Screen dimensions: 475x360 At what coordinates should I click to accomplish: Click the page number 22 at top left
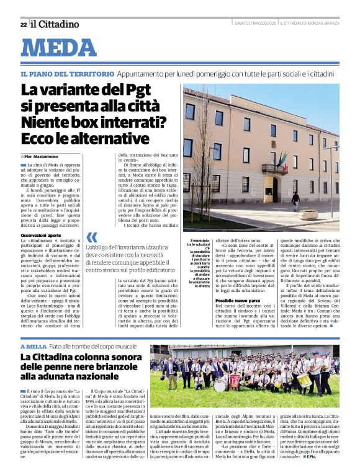[x=23, y=24]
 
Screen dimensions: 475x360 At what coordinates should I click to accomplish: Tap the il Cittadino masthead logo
[x=55, y=24]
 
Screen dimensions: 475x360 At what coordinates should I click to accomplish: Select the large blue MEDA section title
[x=59, y=48]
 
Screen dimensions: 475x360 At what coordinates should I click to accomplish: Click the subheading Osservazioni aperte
[x=41, y=236]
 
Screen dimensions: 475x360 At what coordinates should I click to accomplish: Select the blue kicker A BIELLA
[x=34, y=346]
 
